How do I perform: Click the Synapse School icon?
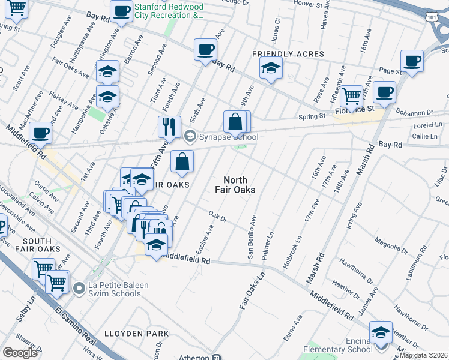click(x=191, y=137)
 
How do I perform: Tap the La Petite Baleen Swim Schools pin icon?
click(x=79, y=289)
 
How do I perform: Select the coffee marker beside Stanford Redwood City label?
click(x=121, y=11)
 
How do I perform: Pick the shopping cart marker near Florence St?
click(x=351, y=95)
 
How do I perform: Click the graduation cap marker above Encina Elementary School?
click(x=381, y=332)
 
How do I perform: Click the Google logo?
click(x=20, y=353)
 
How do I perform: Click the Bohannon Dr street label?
click(x=414, y=112)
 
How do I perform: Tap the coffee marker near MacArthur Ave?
click(x=40, y=133)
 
